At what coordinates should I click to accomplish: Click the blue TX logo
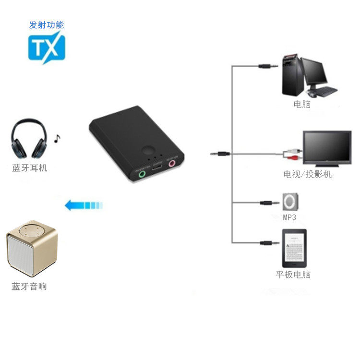[x=46, y=47]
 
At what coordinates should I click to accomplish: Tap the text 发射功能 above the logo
[x=46, y=25]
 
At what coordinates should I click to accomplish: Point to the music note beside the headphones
[x=57, y=139]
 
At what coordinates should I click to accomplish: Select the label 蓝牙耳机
[x=29, y=168]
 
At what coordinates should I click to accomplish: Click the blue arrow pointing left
[x=84, y=205]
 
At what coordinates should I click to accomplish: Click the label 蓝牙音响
[x=29, y=287]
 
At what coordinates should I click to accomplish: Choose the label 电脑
[x=302, y=104]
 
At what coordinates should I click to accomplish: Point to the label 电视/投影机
[x=308, y=174]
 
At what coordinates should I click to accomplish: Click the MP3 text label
[x=289, y=217]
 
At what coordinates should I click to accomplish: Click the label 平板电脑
[x=293, y=275]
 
